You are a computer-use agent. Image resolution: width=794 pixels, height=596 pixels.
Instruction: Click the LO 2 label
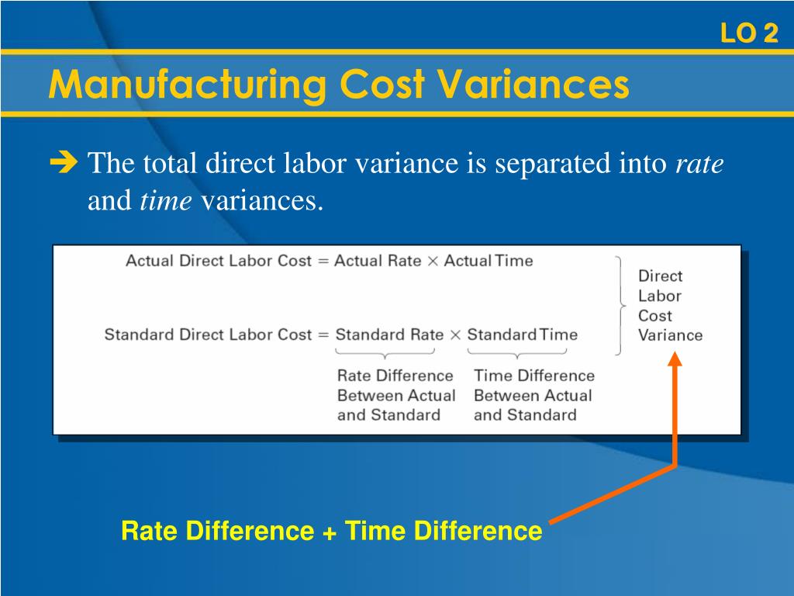coord(748,33)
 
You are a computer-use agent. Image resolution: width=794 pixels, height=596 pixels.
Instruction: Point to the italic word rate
coord(700,165)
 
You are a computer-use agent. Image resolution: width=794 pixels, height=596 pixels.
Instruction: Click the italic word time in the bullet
coord(166,201)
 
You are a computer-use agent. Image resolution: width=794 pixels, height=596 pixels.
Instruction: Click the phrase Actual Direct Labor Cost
coord(218,261)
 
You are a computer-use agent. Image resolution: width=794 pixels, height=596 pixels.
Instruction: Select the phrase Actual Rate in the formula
coord(378,261)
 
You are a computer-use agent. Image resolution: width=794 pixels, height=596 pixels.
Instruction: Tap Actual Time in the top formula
coord(488,261)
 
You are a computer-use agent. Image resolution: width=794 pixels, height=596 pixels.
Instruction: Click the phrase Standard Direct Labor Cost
coord(207,335)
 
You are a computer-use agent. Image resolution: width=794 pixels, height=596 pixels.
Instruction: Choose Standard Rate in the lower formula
coord(389,335)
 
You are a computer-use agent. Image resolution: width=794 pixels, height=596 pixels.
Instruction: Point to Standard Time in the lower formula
coord(522,335)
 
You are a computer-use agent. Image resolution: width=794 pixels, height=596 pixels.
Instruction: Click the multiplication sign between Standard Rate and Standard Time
coord(455,335)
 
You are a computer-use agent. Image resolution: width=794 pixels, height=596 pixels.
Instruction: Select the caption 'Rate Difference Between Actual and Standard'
coord(395,395)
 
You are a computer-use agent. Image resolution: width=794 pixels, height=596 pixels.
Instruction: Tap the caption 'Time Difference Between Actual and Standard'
coord(533,395)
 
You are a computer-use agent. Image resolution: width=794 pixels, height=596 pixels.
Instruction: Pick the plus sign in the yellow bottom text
coord(329,532)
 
